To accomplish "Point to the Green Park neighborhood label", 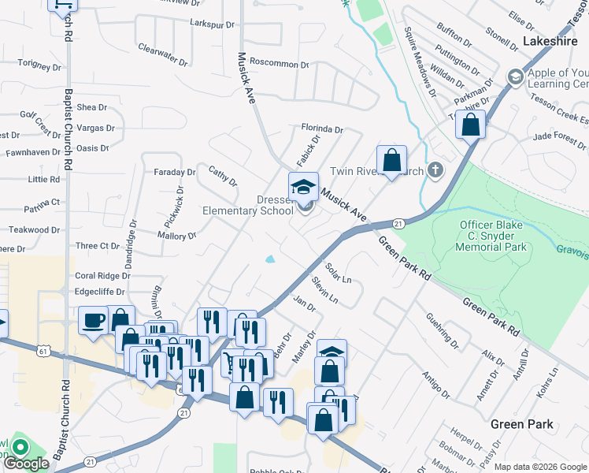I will click(x=521, y=424).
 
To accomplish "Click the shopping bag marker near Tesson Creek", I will click(x=470, y=125).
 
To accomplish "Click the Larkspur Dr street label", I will click(x=213, y=24).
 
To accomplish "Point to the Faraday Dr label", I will click(x=174, y=172).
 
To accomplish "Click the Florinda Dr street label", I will click(x=322, y=128).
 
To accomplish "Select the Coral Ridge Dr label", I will click(x=102, y=276).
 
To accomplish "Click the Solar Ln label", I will click(x=337, y=273).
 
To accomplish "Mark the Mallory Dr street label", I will click(x=176, y=236).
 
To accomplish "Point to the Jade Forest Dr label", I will click(x=560, y=136).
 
